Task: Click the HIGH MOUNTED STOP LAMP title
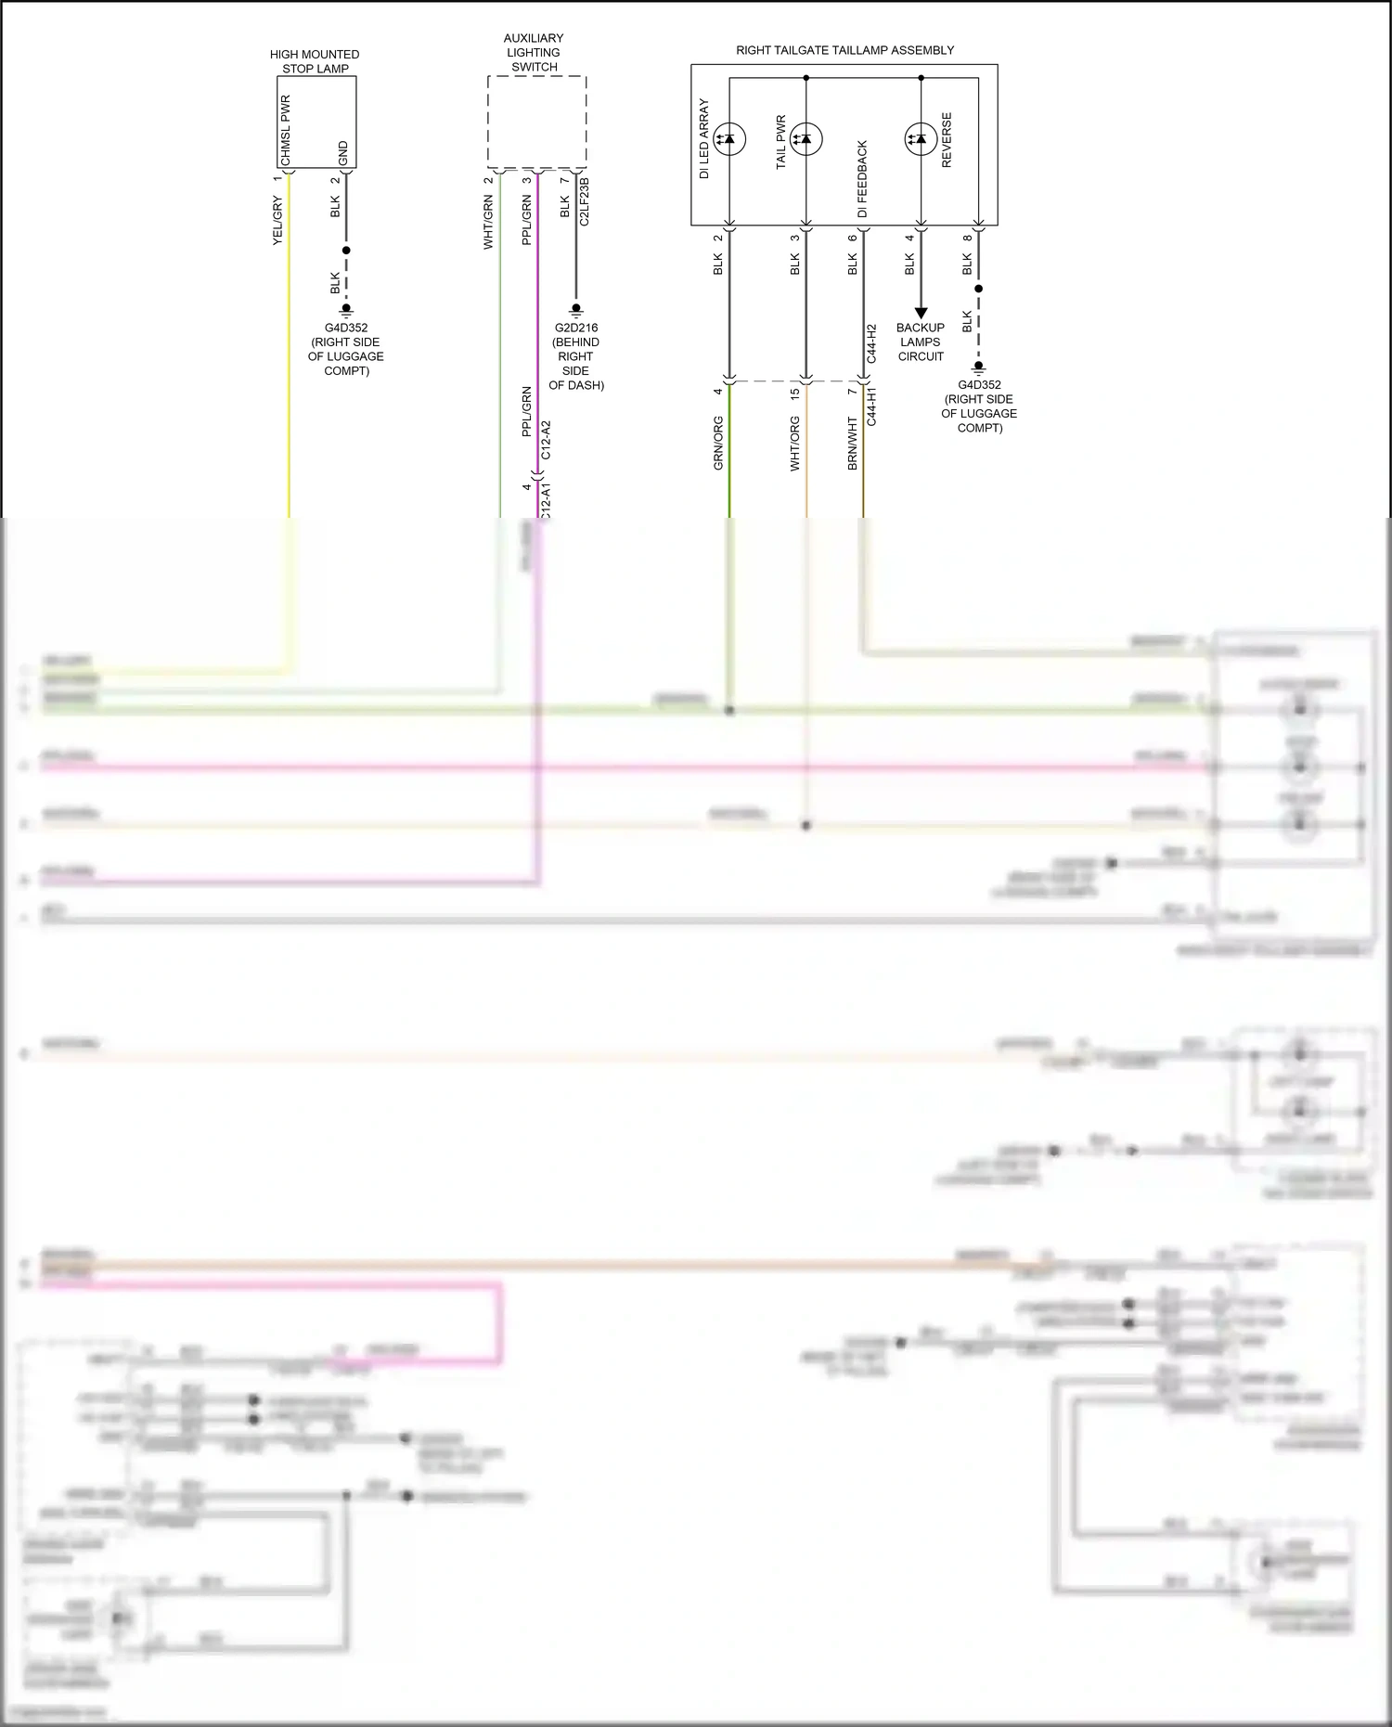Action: coord(315,61)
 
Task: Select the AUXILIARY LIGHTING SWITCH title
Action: coord(534,52)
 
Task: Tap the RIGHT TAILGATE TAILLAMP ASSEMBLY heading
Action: coord(844,50)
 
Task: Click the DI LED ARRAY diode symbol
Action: coord(729,139)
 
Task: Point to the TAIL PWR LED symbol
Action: coord(806,139)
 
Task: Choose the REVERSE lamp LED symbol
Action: coord(921,139)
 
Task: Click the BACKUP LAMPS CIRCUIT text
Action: coord(920,342)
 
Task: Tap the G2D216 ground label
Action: coord(575,328)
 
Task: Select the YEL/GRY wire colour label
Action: coord(277,221)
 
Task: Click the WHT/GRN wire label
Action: coord(488,223)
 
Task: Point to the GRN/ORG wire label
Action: coord(718,443)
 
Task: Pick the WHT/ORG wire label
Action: coord(794,443)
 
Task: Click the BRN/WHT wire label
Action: coord(852,443)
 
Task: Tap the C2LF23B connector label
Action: coord(584,201)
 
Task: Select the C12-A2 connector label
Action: coord(546,440)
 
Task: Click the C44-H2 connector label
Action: coord(871,343)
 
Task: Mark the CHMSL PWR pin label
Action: coord(286,130)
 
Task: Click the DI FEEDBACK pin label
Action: coord(862,179)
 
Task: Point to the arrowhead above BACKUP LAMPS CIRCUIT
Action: coord(921,314)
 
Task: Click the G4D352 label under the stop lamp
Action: coord(345,328)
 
